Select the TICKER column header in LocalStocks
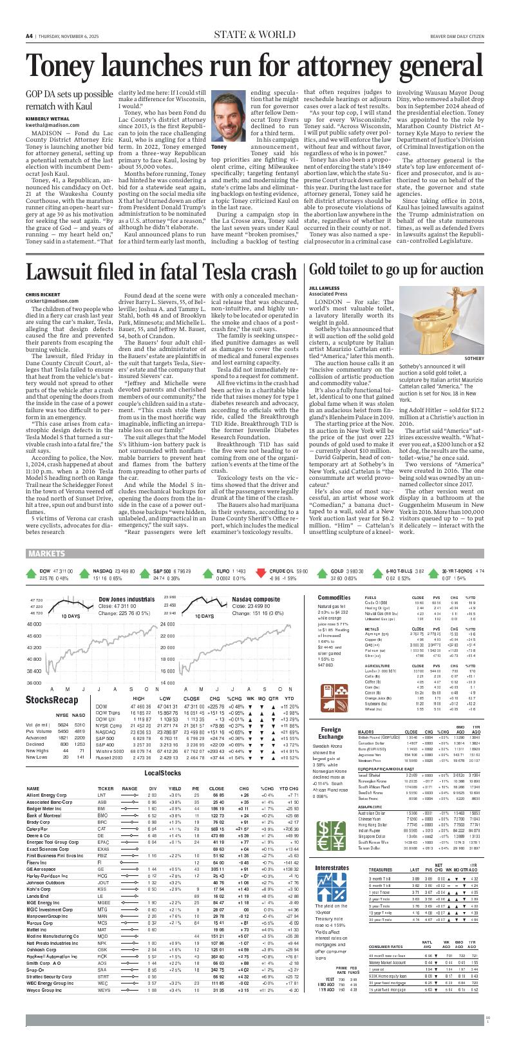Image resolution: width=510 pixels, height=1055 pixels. tap(106, 788)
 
